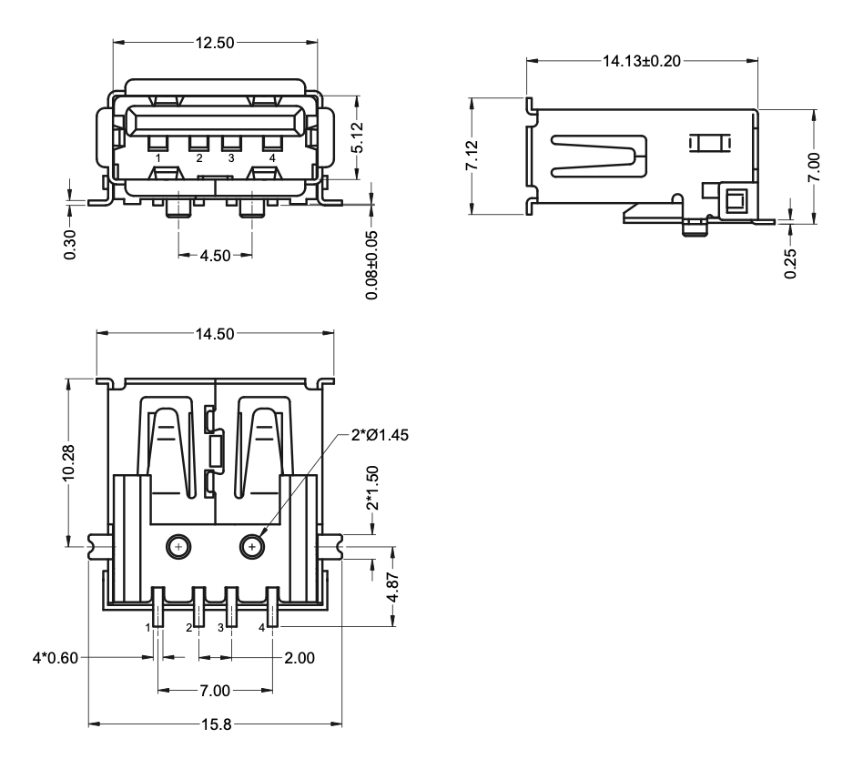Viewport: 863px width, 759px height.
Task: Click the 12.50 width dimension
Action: (215, 42)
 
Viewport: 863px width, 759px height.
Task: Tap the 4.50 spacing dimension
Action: (215, 256)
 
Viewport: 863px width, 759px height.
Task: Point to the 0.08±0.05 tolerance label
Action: (371, 264)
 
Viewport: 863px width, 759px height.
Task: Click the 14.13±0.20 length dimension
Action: (642, 61)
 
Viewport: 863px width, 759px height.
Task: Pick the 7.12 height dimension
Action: (472, 156)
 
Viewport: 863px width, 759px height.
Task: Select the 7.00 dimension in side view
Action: (816, 167)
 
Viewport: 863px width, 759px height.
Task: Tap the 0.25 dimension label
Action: (790, 263)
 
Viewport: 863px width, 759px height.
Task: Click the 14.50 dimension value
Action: (215, 334)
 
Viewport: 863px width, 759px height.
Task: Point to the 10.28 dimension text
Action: (69, 464)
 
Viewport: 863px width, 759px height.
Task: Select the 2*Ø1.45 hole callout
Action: (380, 435)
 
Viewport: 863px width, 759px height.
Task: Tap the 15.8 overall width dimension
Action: (215, 724)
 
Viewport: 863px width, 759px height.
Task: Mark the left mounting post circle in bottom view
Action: (178, 546)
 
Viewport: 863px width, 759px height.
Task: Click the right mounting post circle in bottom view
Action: (252, 546)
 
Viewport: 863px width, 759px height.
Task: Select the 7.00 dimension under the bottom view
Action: (215, 691)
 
